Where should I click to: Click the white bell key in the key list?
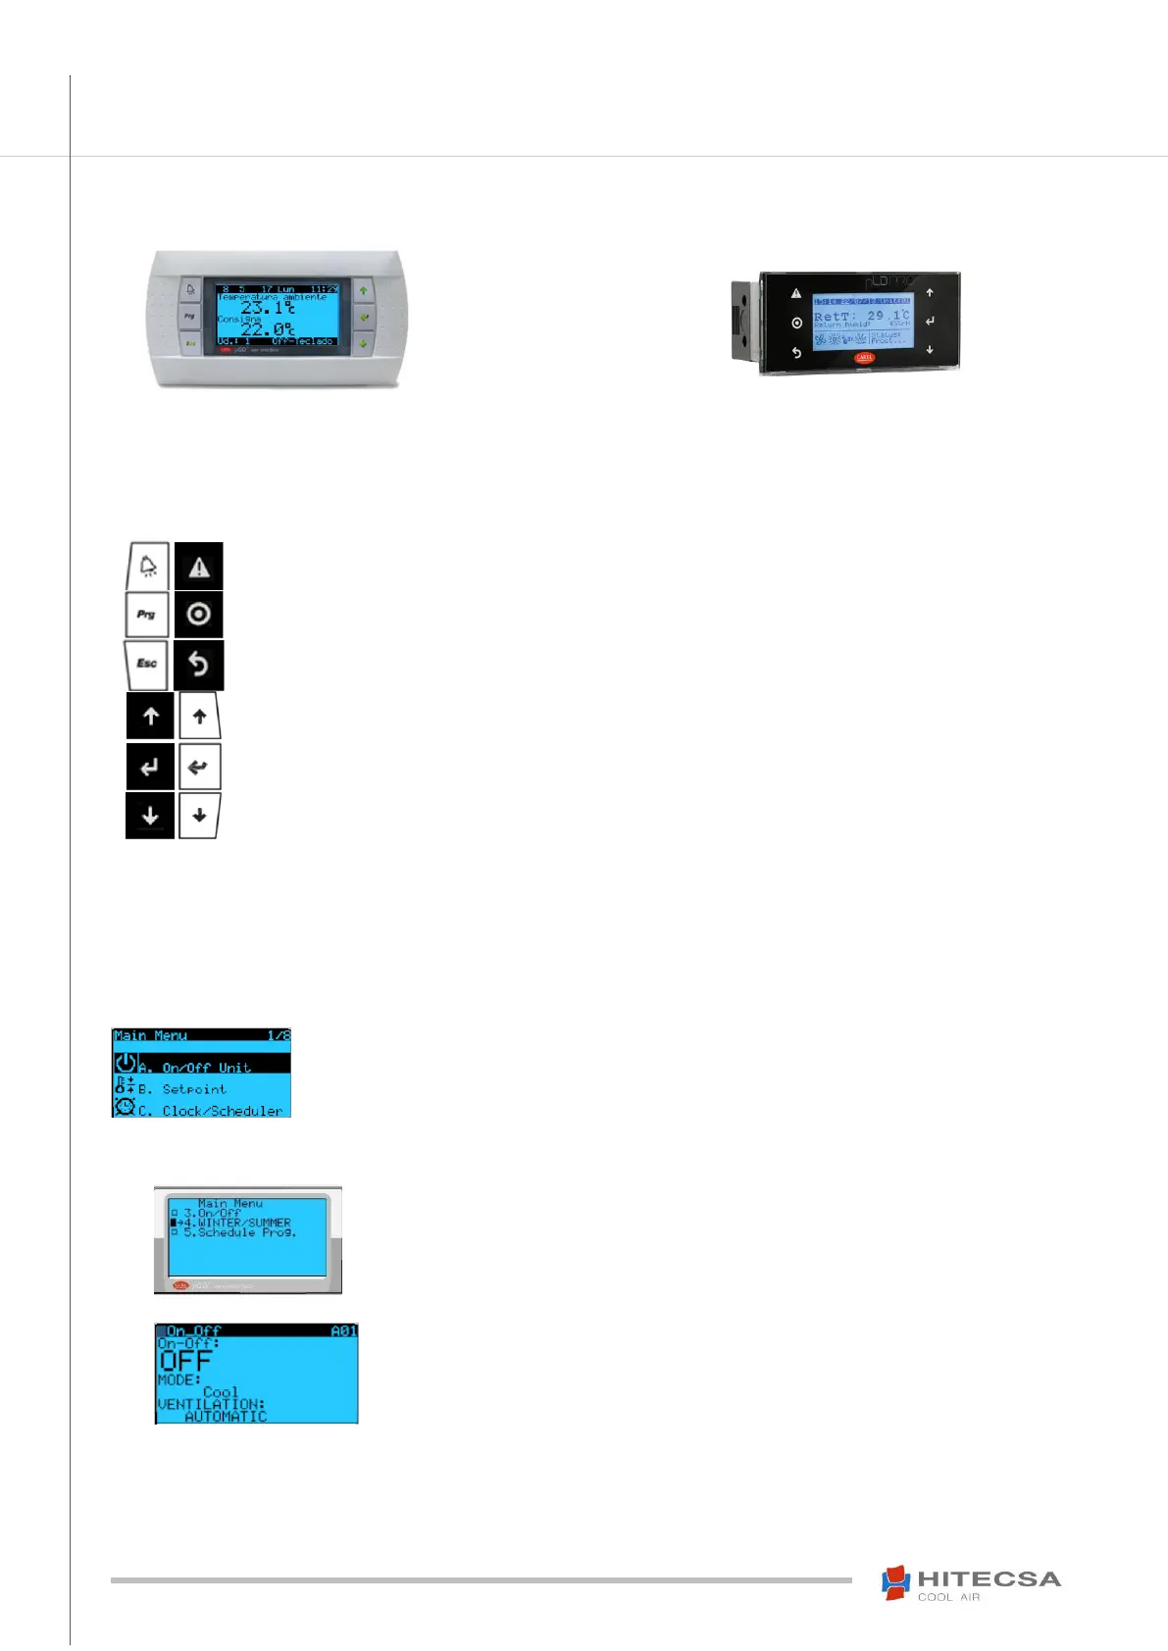coord(147,566)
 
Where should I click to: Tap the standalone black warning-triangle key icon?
coord(199,567)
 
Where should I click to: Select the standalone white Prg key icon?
coord(146,615)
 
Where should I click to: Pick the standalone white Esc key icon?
coord(146,664)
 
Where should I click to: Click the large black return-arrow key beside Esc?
coord(199,665)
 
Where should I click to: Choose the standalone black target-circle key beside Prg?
coord(199,615)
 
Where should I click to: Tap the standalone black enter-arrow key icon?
coord(150,767)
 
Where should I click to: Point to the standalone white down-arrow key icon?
coord(199,816)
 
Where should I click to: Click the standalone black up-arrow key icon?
coord(150,717)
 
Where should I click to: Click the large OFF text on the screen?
coord(185,1361)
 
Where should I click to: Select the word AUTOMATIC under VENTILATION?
coord(226,1417)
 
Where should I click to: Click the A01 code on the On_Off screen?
coord(344,1331)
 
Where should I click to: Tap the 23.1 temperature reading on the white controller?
coord(266,308)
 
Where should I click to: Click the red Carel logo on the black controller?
coord(864,358)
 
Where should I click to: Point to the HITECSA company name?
coord(989,1579)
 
